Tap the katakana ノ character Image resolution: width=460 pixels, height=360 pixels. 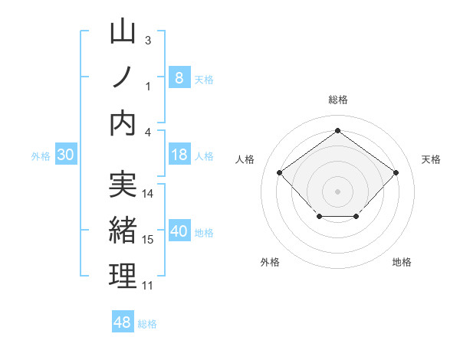tap(123, 77)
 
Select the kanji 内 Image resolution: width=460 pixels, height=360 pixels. tap(123, 123)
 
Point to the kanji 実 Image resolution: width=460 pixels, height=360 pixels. tap(123, 185)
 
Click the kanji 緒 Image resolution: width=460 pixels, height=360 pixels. tap(123, 230)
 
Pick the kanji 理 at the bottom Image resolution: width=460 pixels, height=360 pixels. tap(123, 276)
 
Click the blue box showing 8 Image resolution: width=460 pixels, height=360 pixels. tap(179, 77)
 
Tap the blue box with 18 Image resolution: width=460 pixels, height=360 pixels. tap(179, 155)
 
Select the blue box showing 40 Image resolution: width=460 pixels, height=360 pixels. tap(179, 232)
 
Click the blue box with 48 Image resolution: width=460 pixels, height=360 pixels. tap(123, 322)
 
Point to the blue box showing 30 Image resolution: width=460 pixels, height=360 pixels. tap(65, 155)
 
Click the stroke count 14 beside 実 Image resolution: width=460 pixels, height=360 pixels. tap(149, 194)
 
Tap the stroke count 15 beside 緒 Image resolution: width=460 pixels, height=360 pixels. tap(149, 240)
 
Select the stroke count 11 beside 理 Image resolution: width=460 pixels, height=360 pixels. tap(148, 286)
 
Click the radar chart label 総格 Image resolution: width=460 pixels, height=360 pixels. tap(338, 100)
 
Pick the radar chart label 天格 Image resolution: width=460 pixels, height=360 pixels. tap(432, 159)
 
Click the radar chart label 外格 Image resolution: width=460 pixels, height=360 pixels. tap(270, 262)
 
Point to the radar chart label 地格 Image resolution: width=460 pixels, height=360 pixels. tap(402, 262)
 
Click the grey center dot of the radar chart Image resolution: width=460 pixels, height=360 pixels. tap(337, 190)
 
